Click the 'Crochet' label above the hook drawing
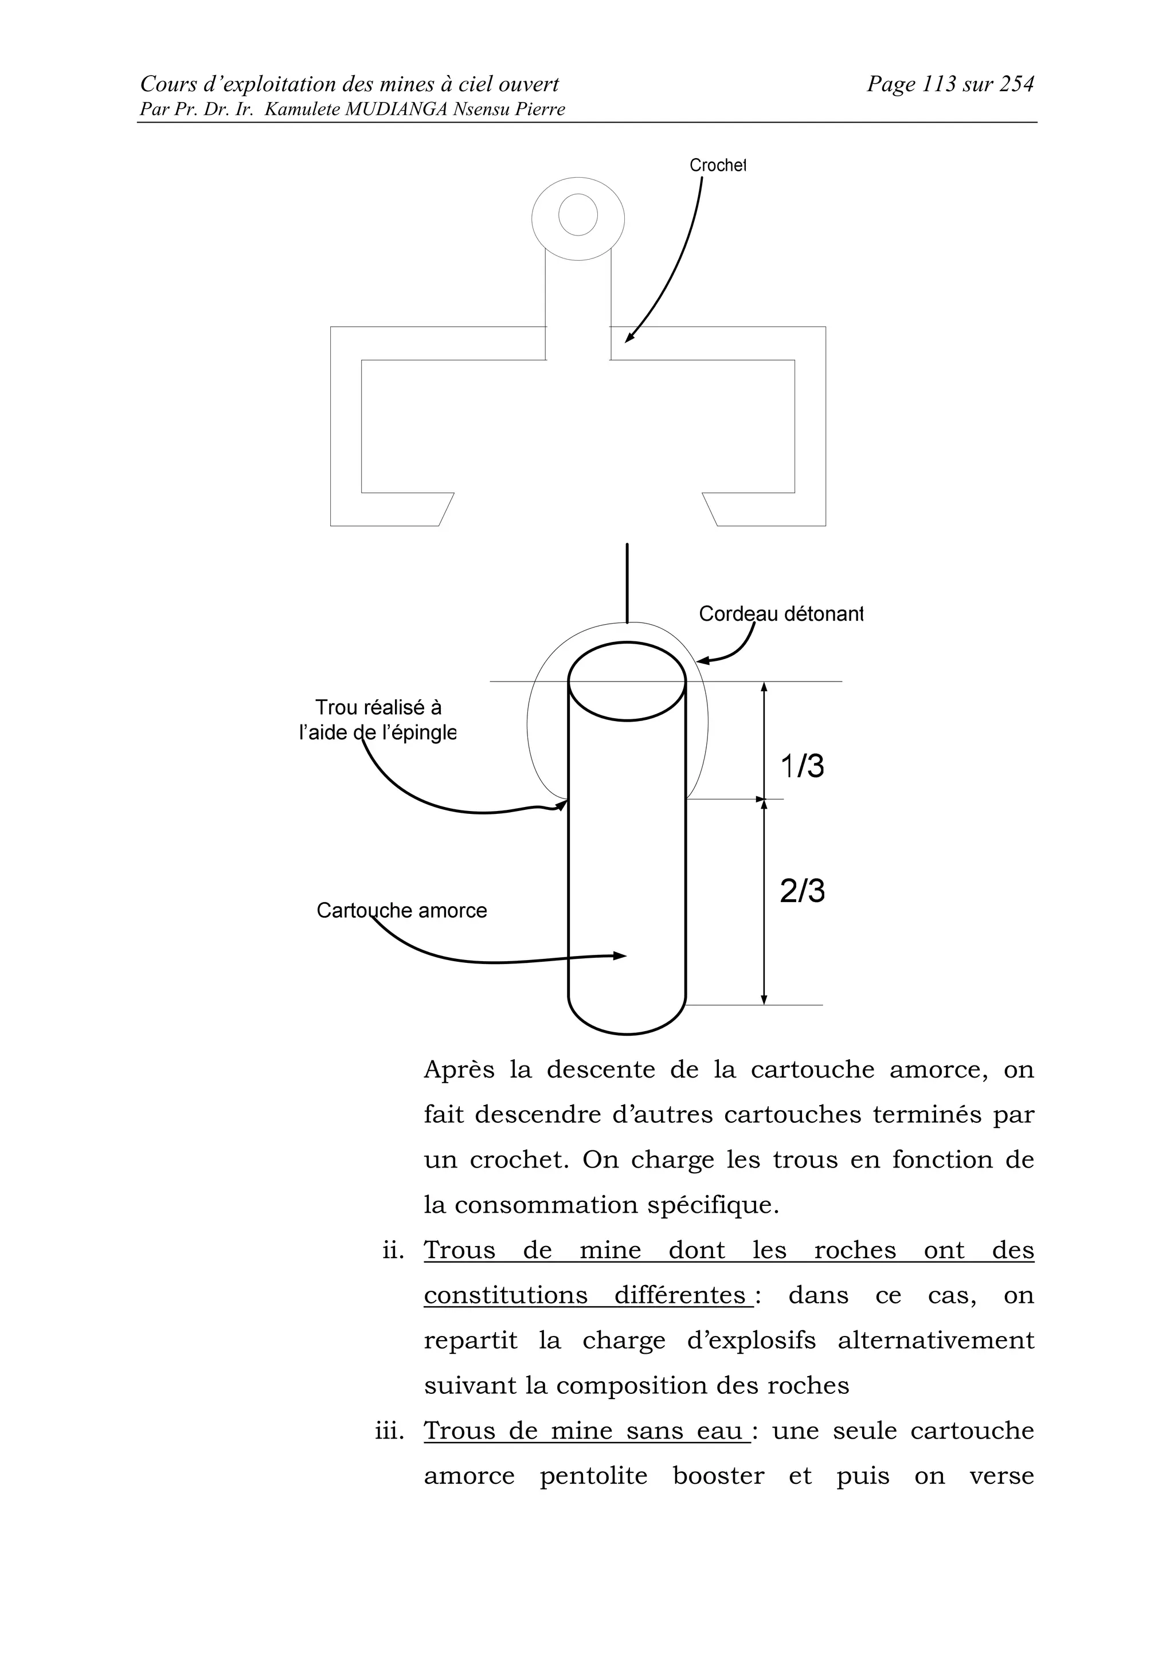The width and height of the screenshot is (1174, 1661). point(717,166)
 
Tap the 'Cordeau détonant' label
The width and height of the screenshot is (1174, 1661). point(781,614)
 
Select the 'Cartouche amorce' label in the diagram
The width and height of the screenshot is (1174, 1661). point(401,910)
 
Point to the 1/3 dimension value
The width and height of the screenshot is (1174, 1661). point(801,766)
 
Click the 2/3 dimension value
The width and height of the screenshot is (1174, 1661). point(801,891)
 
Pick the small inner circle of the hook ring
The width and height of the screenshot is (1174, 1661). point(578,216)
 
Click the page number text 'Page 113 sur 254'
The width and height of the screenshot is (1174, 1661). point(950,85)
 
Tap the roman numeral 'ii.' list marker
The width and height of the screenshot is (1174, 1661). point(393,1251)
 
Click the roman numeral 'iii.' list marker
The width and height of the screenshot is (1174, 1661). point(389,1431)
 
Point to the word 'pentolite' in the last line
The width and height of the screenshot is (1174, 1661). point(593,1476)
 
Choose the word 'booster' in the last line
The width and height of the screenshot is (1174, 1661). point(718,1476)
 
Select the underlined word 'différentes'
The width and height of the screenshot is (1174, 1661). point(679,1296)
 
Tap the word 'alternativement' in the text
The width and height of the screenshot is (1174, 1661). point(936,1341)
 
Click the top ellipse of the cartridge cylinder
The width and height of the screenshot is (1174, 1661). point(627,681)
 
